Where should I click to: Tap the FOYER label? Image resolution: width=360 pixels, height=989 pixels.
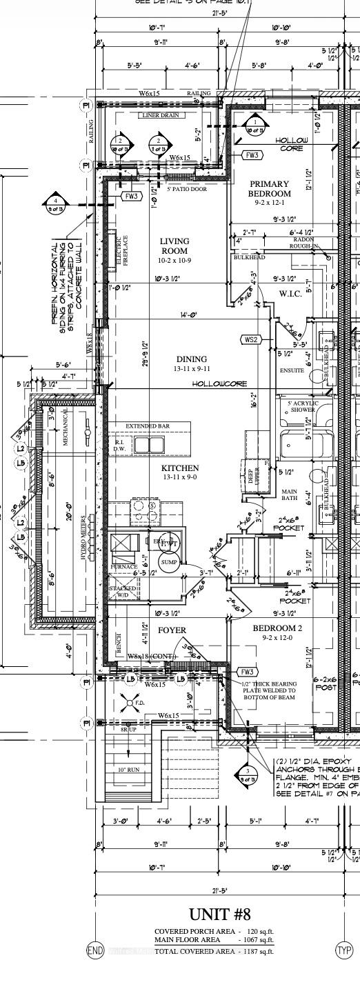tap(172, 630)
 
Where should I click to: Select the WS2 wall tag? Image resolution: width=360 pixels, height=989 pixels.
tap(250, 339)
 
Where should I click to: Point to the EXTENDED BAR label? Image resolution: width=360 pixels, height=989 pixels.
tap(148, 426)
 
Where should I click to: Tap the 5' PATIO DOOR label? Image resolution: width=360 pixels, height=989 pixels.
tap(186, 190)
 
